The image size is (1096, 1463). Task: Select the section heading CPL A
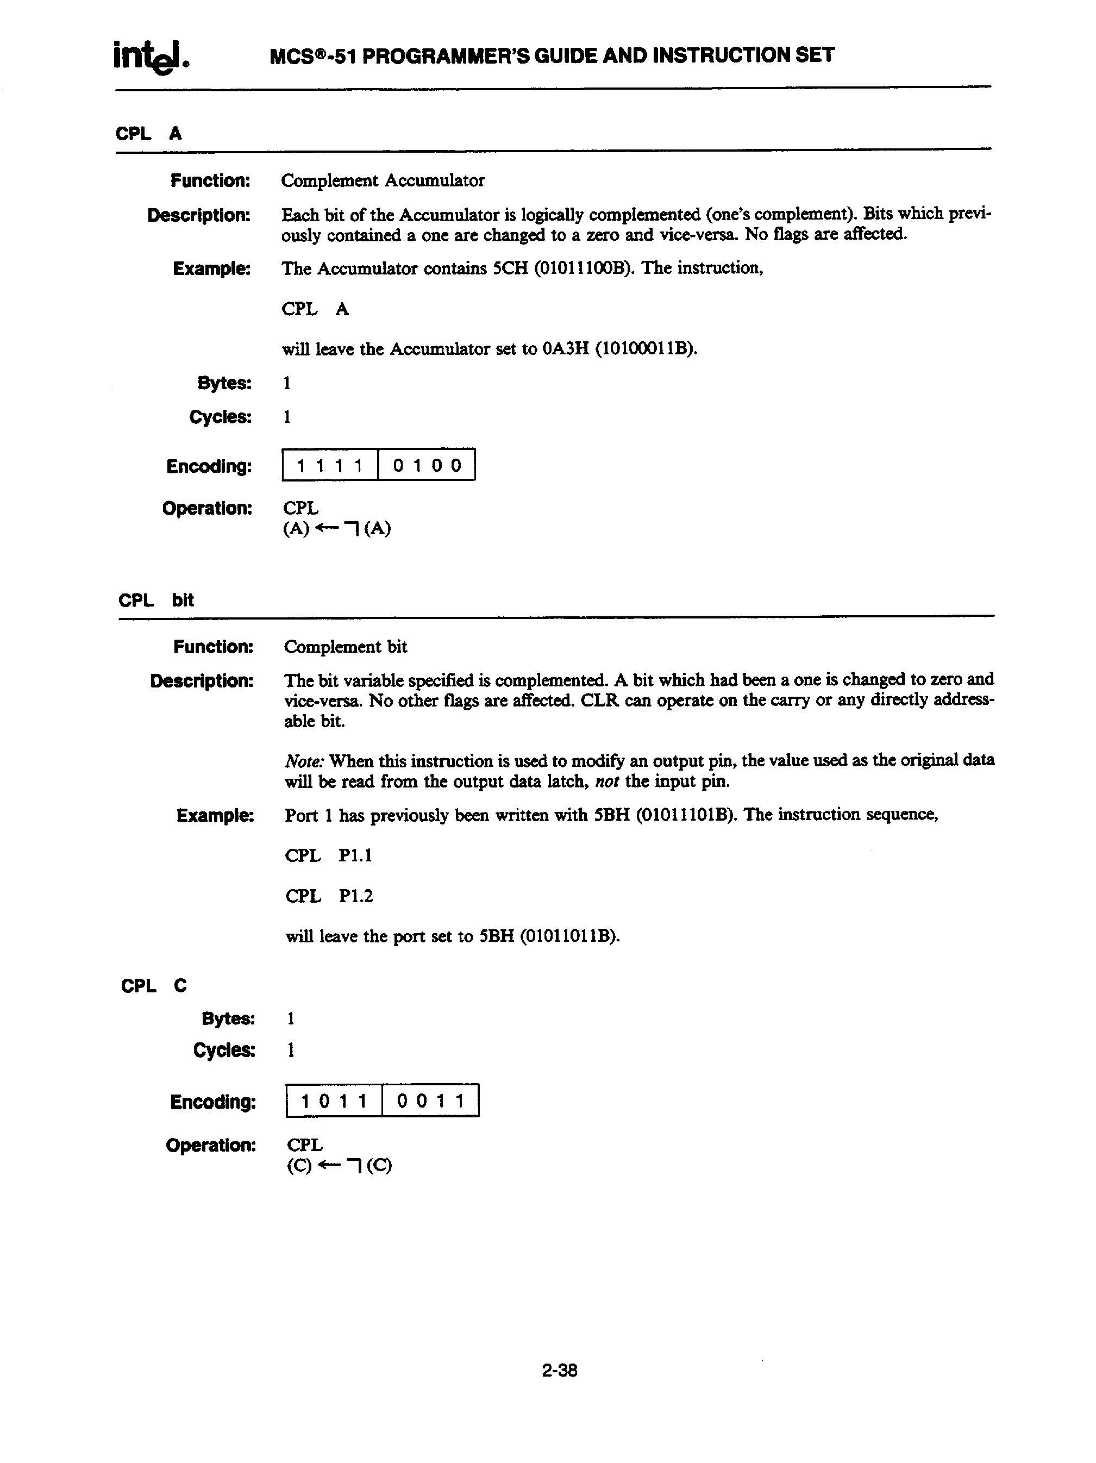point(149,134)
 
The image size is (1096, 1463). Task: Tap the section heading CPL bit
point(156,600)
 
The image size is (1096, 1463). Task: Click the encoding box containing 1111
point(330,465)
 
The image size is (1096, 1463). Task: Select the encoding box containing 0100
point(427,465)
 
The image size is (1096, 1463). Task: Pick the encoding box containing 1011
point(334,1101)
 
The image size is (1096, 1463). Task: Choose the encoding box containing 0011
point(430,1101)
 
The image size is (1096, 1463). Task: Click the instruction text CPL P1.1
point(329,856)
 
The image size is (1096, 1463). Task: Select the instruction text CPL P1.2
point(329,896)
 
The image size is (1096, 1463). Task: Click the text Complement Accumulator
point(383,180)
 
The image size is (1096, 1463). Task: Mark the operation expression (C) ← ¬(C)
point(339,1165)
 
